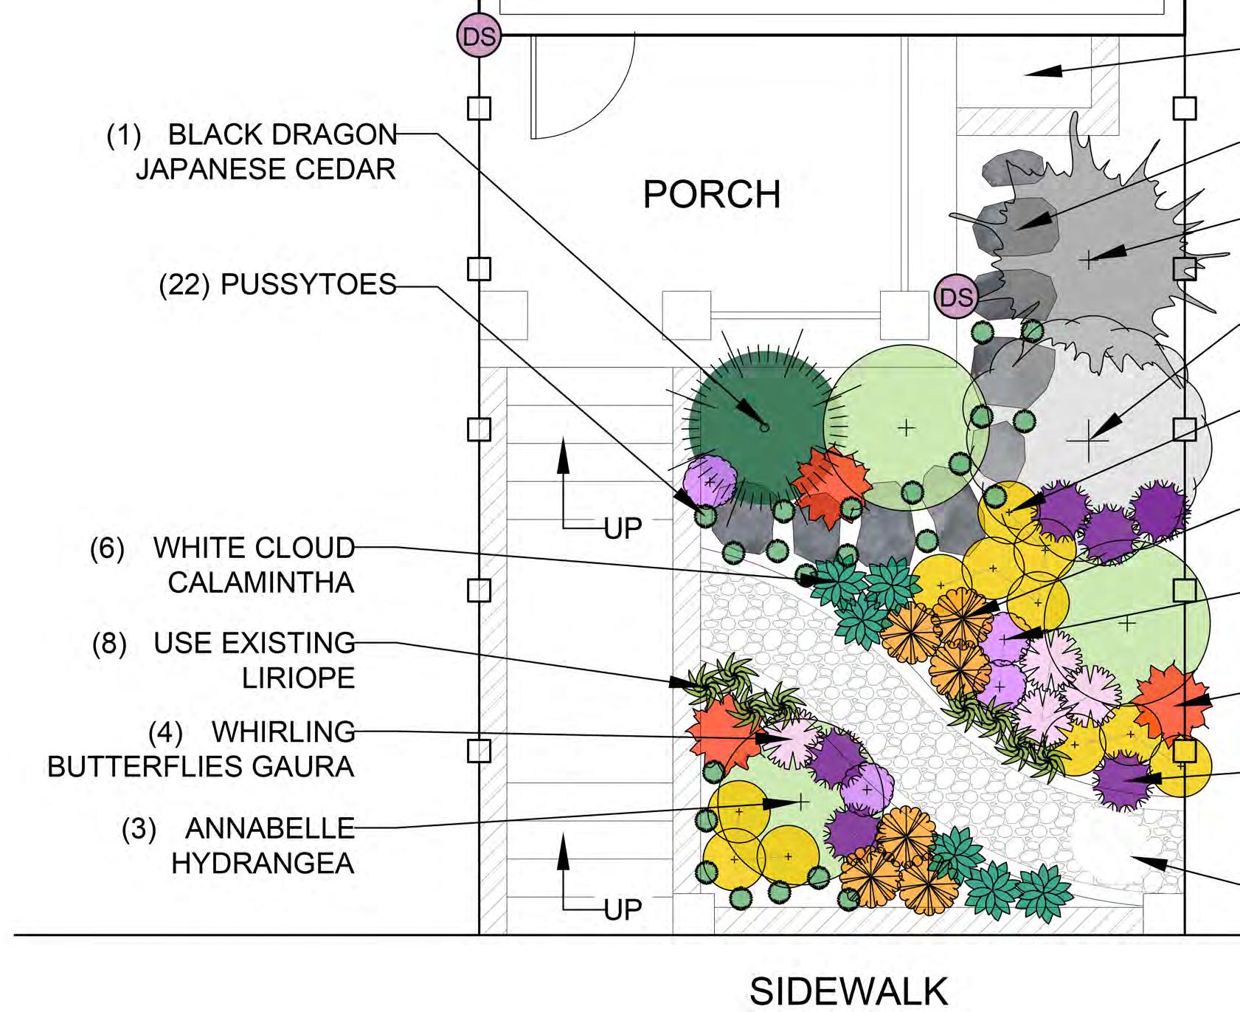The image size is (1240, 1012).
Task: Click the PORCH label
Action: [x=712, y=195]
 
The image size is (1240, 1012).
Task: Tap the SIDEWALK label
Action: [x=848, y=991]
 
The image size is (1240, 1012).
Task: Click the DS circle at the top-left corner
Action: [x=479, y=36]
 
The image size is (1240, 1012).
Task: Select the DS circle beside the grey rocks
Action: [x=956, y=297]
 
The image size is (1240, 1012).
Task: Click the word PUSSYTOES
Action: [x=308, y=285]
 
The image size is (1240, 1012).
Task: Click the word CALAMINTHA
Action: [x=260, y=583]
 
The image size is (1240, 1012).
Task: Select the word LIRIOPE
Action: [x=298, y=678]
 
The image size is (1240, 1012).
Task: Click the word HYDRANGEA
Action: [x=263, y=863]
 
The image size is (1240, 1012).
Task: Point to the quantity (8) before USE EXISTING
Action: [x=109, y=644]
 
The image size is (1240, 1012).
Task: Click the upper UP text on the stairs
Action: [x=623, y=529]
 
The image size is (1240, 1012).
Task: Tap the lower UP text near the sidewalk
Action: [x=623, y=910]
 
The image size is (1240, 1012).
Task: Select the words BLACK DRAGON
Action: [x=283, y=135]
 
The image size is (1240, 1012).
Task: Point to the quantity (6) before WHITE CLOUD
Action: [x=107, y=548]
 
